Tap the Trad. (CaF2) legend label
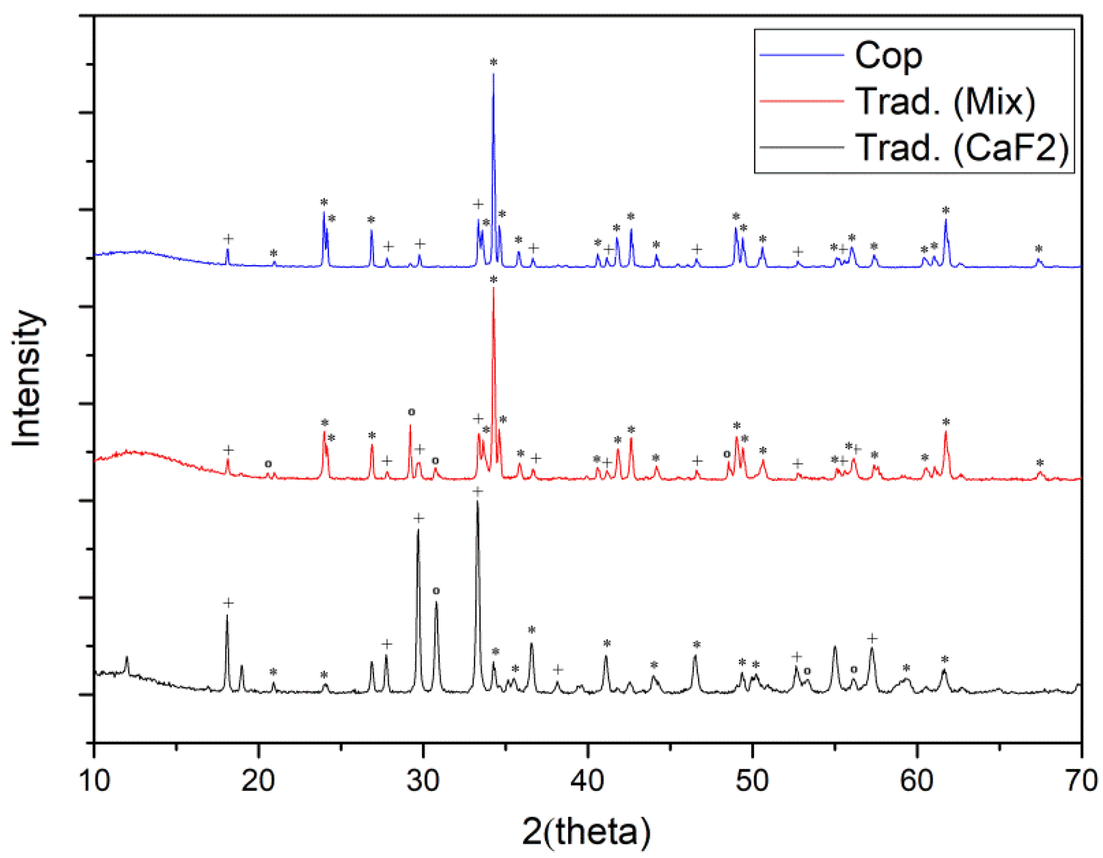point(962,148)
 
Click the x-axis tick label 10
point(94,780)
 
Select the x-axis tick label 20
point(258,780)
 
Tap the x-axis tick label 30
point(423,780)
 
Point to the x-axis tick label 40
point(587,780)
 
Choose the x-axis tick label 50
point(752,780)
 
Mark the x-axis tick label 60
point(917,780)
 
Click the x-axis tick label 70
point(1081,780)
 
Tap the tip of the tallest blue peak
point(493,74)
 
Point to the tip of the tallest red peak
point(493,288)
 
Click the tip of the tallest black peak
point(477,502)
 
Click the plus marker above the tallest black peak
point(477,491)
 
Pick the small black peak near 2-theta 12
point(127,658)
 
